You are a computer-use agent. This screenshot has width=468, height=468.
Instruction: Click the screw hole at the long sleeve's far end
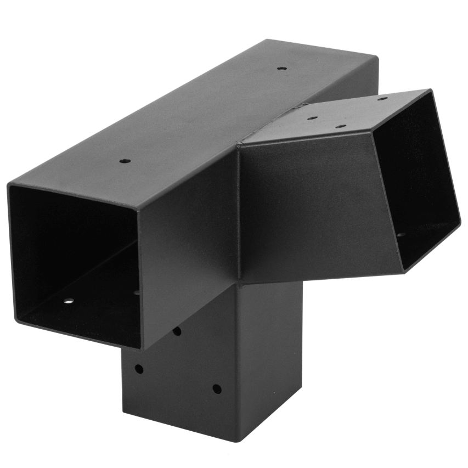pyautogui.click(x=281, y=69)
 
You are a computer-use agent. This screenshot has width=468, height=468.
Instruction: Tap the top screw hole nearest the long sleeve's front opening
pyautogui.click(x=125, y=161)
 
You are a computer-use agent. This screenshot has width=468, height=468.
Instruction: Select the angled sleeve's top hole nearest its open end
pyautogui.click(x=382, y=99)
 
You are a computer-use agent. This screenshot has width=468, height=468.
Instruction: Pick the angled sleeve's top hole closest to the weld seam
pyautogui.click(x=312, y=117)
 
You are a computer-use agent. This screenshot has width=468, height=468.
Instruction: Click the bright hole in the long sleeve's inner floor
pyautogui.click(x=69, y=301)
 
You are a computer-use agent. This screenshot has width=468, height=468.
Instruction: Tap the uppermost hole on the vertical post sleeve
pyautogui.click(x=177, y=331)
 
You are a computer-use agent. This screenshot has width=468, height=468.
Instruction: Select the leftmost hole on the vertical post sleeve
pyautogui.click(x=139, y=369)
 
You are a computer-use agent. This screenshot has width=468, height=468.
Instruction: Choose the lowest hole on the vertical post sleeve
pyautogui.click(x=217, y=389)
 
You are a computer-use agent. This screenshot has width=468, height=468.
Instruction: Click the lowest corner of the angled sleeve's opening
pyautogui.click(x=405, y=272)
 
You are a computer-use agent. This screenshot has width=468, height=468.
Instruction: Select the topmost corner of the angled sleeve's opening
pyautogui.click(x=430, y=91)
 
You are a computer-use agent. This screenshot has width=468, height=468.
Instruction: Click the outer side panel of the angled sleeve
pyautogui.click(x=313, y=208)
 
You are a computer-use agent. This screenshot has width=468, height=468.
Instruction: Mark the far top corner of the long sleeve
pyautogui.click(x=377, y=55)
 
